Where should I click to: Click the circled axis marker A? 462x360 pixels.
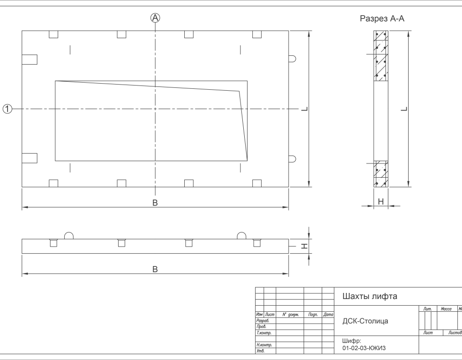[x=155, y=18]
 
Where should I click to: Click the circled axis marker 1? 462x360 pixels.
[x=7, y=109]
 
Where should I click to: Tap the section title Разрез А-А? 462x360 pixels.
[x=382, y=19]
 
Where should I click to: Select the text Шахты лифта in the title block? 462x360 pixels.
[x=369, y=297]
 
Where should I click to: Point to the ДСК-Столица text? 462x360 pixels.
[x=365, y=321]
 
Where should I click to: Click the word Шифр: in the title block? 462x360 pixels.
[x=351, y=340]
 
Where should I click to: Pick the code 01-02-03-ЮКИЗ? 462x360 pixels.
[x=364, y=348]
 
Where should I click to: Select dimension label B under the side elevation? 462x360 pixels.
[x=155, y=269]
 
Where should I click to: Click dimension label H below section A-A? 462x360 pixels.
[x=381, y=202]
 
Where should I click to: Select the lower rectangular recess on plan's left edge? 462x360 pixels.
[x=30, y=158]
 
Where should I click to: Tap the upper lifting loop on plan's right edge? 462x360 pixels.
[x=292, y=59]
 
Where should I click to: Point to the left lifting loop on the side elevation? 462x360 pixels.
[x=68, y=236]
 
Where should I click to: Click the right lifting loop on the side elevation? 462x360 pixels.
[x=242, y=236]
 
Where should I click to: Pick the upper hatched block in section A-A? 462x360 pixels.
[x=381, y=56]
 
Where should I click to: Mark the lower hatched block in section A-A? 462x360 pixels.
[x=381, y=174]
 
